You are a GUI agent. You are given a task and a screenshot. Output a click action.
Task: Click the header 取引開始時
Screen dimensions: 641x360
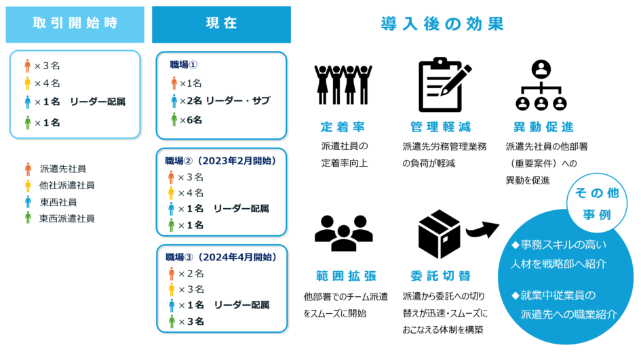pos(75,23)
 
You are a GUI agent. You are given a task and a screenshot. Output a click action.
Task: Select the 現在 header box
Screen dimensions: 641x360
pos(221,24)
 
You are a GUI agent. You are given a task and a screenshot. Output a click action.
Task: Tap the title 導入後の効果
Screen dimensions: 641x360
pos(442,24)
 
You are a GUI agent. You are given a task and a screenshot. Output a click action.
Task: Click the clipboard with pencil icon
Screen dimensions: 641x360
pos(444,85)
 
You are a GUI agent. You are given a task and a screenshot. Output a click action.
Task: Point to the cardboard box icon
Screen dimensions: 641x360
pos(439,234)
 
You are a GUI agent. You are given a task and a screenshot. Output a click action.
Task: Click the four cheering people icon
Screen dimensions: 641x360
pos(343,85)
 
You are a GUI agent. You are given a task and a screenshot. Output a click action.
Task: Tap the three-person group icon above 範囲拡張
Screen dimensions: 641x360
pos(343,233)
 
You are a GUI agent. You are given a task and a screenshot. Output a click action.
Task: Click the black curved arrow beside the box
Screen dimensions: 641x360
pos(482,230)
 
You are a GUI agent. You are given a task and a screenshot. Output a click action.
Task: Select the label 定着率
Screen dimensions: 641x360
pos(343,127)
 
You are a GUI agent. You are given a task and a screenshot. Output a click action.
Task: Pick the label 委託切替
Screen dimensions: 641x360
pos(441,276)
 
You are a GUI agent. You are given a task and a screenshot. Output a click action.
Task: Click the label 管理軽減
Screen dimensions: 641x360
pos(441,127)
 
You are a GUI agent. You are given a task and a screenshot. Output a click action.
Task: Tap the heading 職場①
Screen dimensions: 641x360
pos(184,64)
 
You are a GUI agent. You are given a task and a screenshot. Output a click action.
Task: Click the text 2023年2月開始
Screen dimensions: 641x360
pos(236,161)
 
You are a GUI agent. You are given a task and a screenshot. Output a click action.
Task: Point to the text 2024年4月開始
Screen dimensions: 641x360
pos(236,257)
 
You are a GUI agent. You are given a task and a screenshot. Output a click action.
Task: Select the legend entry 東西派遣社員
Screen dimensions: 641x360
pos(67,218)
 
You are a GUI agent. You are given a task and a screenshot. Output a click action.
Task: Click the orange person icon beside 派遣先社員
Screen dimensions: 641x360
pos(28,169)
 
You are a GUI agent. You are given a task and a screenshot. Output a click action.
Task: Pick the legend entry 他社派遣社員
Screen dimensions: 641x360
pos(67,186)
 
